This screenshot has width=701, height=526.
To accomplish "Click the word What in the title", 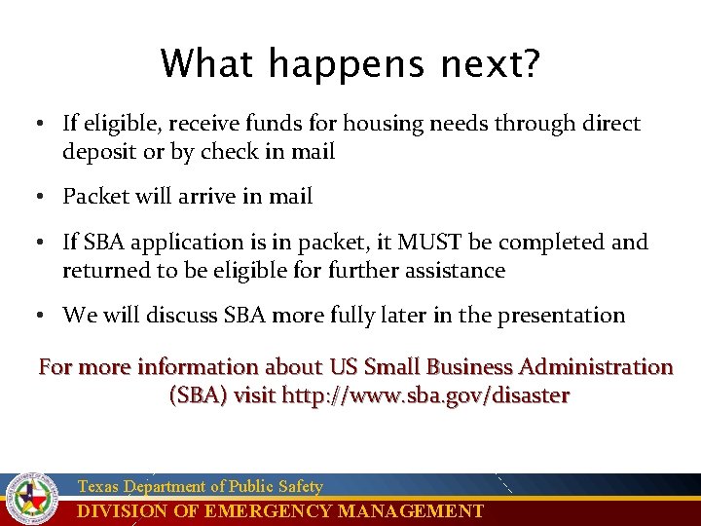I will (x=208, y=65).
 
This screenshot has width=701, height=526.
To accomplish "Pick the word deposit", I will (x=98, y=152).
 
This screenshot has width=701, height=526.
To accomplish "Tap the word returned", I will (x=104, y=270).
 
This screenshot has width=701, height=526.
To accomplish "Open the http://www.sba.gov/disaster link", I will (x=425, y=396).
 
